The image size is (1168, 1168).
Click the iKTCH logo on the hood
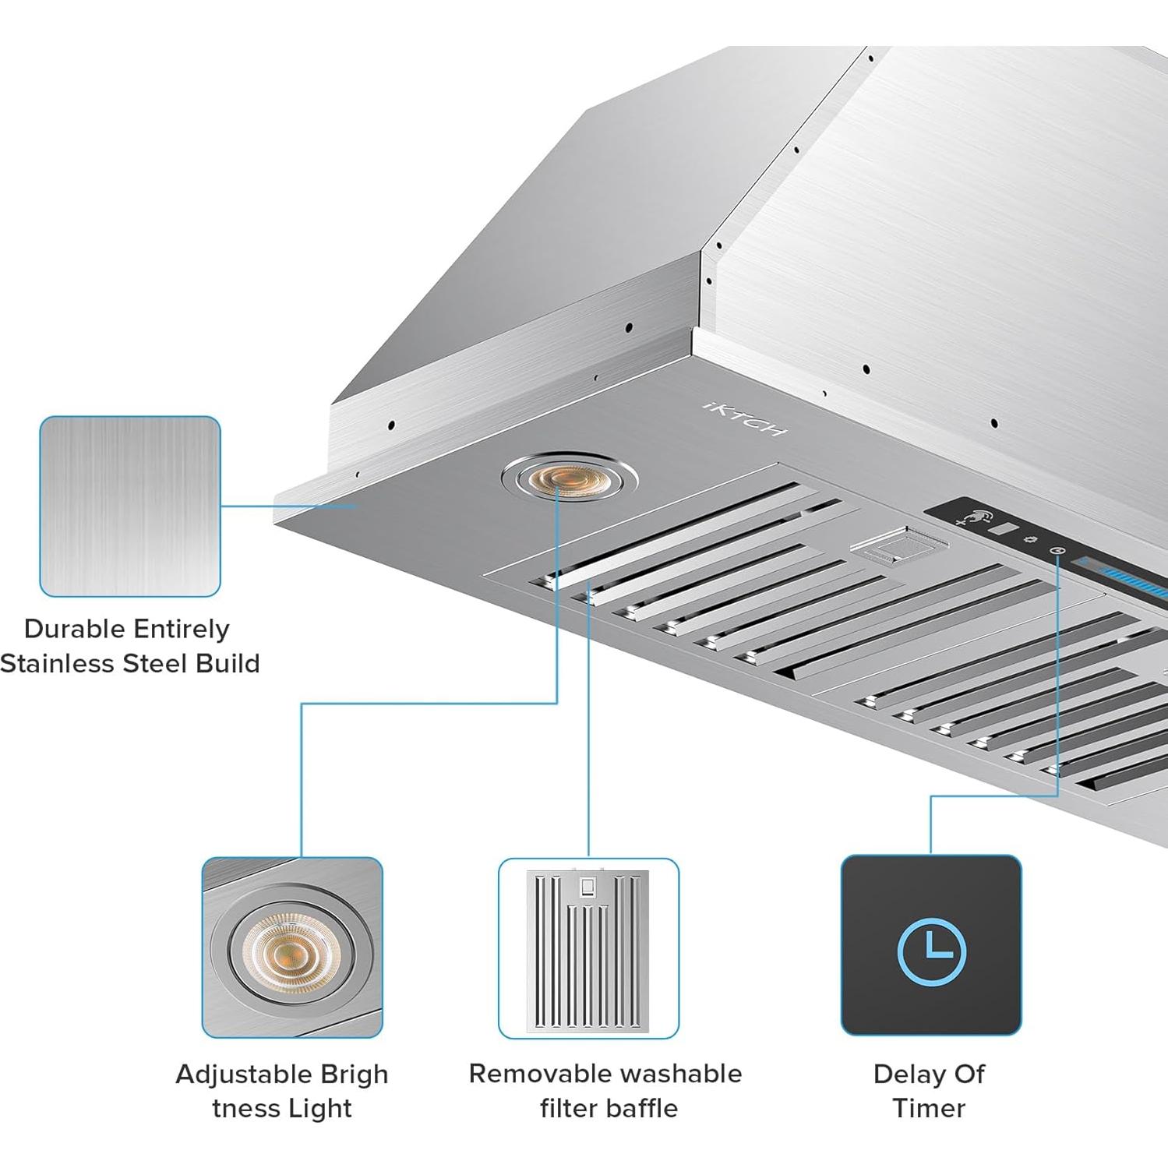click(x=745, y=418)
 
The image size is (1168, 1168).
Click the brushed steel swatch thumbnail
click(x=130, y=506)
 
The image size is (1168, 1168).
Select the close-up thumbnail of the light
click(x=292, y=947)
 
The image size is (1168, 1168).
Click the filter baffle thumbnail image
click(x=588, y=948)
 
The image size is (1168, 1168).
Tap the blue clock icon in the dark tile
click(x=931, y=952)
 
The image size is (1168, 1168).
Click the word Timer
click(x=929, y=1108)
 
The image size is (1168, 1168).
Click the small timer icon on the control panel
click(x=1057, y=551)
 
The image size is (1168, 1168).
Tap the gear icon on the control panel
click(x=1030, y=539)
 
